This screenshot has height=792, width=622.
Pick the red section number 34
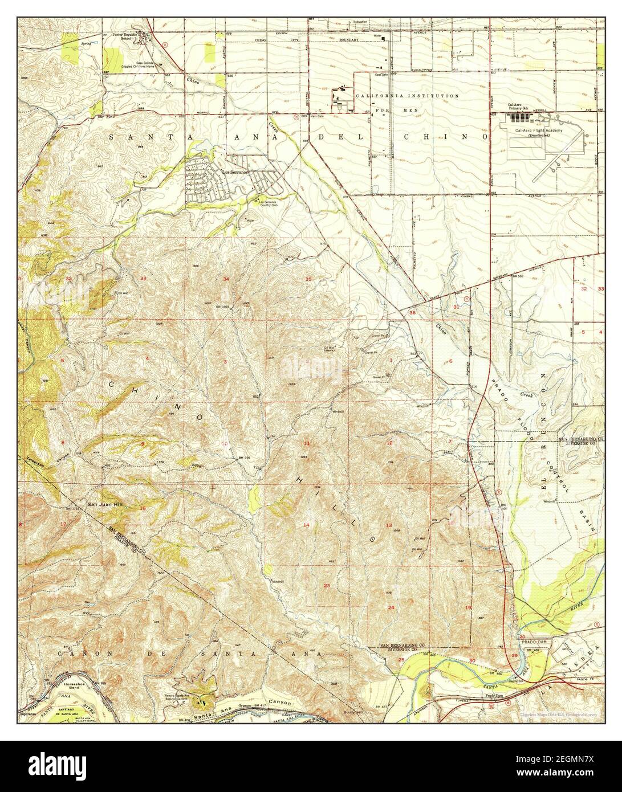[226, 279]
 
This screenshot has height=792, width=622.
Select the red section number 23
[327, 586]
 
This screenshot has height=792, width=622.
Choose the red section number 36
[412, 312]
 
